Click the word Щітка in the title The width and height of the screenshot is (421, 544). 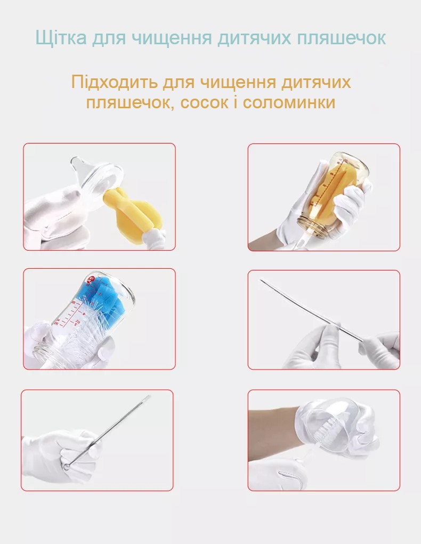pos(61,37)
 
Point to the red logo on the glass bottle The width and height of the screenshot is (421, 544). pos(91,279)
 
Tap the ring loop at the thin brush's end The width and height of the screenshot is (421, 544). pos(66,466)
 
